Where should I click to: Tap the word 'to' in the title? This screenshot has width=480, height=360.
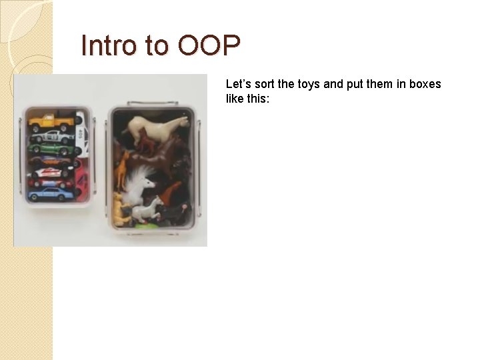coord(158,46)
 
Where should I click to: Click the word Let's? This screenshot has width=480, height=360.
coord(238,84)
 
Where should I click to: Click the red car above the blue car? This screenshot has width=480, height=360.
coord(52,177)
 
